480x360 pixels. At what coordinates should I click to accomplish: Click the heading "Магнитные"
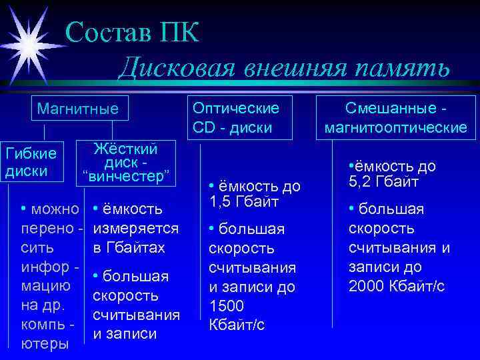[x=77, y=107]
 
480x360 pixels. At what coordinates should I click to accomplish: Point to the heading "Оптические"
[x=235, y=107]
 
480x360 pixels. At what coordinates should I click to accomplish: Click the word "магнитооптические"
[x=395, y=127]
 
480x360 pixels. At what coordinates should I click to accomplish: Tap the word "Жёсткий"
[x=126, y=148]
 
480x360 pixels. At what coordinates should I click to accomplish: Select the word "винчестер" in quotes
[x=127, y=177]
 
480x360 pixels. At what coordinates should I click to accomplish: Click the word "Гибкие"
[x=31, y=154]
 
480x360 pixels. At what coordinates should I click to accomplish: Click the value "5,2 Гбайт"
[x=382, y=181]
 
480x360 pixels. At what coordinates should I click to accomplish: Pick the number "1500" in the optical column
[x=227, y=307]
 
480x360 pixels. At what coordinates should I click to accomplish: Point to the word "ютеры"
[x=45, y=344]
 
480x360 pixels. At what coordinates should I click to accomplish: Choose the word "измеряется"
[x=135, y=229]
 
